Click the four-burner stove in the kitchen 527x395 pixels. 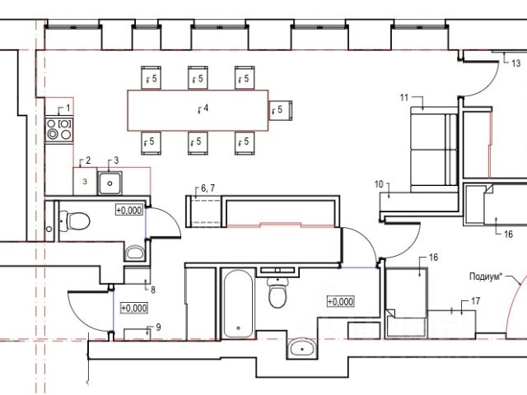click(59, 129)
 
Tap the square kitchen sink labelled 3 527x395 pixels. click(110, 183)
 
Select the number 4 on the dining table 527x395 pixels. click(206, 108)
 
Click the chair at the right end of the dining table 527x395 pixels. click(280, 110)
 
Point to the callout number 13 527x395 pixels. click(516, 63)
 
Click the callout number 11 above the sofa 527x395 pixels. click(404, 97)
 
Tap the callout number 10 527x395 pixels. click(379, 184)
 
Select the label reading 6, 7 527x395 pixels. click(208, 188)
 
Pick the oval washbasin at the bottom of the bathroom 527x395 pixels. click(302, 348)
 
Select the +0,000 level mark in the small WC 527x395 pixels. click(129, 211)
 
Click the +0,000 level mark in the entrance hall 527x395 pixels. click(134, 308)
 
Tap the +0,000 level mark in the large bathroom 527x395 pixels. click(340, 302)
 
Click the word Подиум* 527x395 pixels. click(486, 276)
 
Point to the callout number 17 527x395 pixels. click(476, 301)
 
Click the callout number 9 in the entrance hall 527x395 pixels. click(158, 328)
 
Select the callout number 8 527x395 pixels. click(153, 290)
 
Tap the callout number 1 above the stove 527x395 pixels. click(68, 108)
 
